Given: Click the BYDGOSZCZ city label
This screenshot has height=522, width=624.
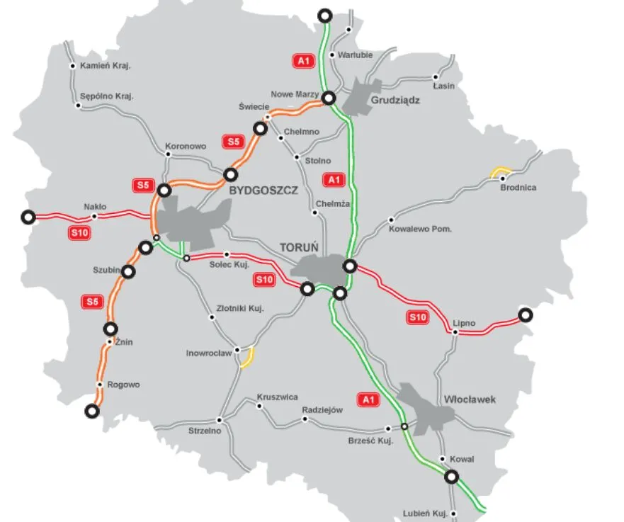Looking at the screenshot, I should [262, 191].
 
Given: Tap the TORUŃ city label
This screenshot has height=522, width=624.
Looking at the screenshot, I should [300, 248].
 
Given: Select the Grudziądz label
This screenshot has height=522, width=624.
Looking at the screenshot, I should [395, 101].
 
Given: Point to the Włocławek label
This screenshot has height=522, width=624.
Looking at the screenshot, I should [470, 399].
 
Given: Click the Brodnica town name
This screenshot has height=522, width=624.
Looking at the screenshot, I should [518, 188].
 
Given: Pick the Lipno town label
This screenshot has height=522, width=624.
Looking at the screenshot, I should [464, 324].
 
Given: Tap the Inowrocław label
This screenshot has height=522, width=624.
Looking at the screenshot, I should [208, 352].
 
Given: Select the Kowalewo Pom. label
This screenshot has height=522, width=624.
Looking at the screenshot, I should [420, 229].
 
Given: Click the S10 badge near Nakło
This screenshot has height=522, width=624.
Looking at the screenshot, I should [79, 232].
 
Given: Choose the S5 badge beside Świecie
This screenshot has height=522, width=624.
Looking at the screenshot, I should [233, 142].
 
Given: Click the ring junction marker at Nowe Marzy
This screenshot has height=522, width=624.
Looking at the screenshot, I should [328, 98].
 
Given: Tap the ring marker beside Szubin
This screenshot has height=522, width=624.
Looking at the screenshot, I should [128, 271].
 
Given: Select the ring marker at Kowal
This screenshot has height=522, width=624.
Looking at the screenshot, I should [452, 477].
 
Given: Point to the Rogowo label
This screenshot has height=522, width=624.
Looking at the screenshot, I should [123, 385].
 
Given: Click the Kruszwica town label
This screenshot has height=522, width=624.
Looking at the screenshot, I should [278, 397].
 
